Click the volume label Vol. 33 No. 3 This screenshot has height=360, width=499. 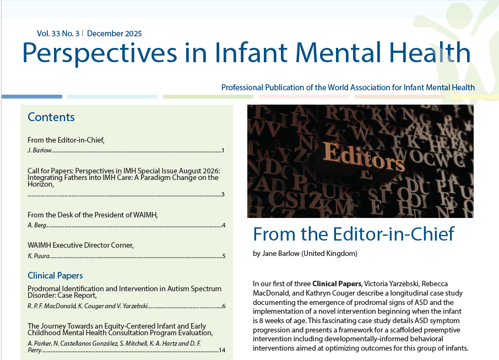[x=58, y=34]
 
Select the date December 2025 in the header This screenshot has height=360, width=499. [x=114, y=34]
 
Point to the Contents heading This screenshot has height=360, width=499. [x=51, y=117]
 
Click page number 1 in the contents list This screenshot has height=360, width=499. [x=223, y=150]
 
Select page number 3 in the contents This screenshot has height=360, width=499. [x=223, y=194]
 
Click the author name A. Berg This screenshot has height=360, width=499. [x=36, y=225]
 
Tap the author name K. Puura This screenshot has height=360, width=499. [x=37, y=256]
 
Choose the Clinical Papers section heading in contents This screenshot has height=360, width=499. [x=55, y=275]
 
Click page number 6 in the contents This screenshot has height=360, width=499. [x=224, y=306]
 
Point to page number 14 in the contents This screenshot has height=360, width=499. [x=222, y=350]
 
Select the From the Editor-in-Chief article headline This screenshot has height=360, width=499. [x=353, y=234]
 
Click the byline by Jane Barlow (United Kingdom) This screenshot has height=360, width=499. [x=305, y=254]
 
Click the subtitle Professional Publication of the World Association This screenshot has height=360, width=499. [x=348, y=88]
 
